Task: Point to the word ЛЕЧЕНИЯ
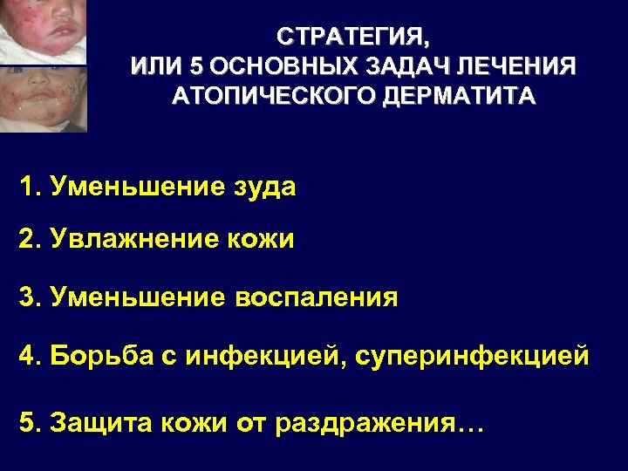click(521, 65)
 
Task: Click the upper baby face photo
click(44, 31)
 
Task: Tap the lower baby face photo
click(44, 98)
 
